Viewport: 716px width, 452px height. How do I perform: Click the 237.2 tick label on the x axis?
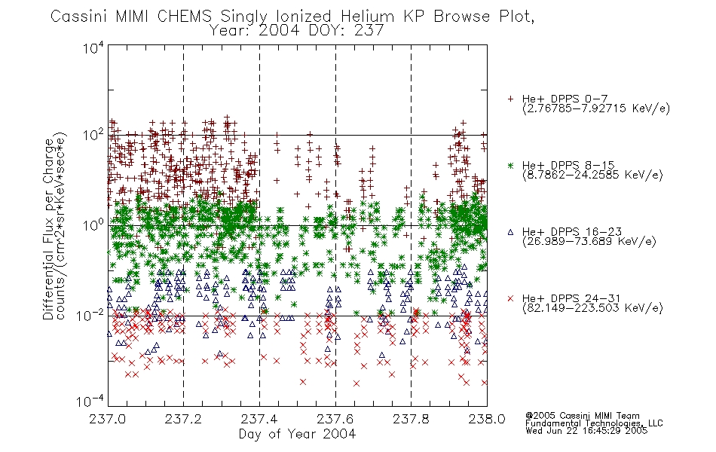(x=183, y=419)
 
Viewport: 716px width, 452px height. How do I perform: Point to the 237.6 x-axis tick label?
(x=335, y=419)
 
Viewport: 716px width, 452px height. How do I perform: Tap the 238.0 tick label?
(x=487, y=419)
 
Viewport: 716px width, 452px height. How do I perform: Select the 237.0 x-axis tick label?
(x=107, y=419)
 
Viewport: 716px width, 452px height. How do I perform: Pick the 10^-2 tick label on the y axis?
(x=90, y=315)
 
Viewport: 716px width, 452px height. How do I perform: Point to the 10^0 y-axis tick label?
(x=93, y=224)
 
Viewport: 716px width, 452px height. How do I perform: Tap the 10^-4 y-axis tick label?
(x=90, y=401)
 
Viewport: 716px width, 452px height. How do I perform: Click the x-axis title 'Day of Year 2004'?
(x=297, y=434)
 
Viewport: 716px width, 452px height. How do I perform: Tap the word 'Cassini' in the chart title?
(x=79, y=17)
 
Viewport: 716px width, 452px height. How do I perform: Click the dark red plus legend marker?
(x=510, y=99)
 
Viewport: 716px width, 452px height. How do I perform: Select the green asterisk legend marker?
(x=510, y=166)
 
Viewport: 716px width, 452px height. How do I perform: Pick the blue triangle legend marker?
(x=510, y=232)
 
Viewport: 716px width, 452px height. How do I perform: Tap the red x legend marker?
(x=510, y=298)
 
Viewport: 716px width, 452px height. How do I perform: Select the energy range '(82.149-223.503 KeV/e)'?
(x=592, y=308)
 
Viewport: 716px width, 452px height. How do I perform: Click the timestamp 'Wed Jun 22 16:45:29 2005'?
(x=586, y=431)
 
